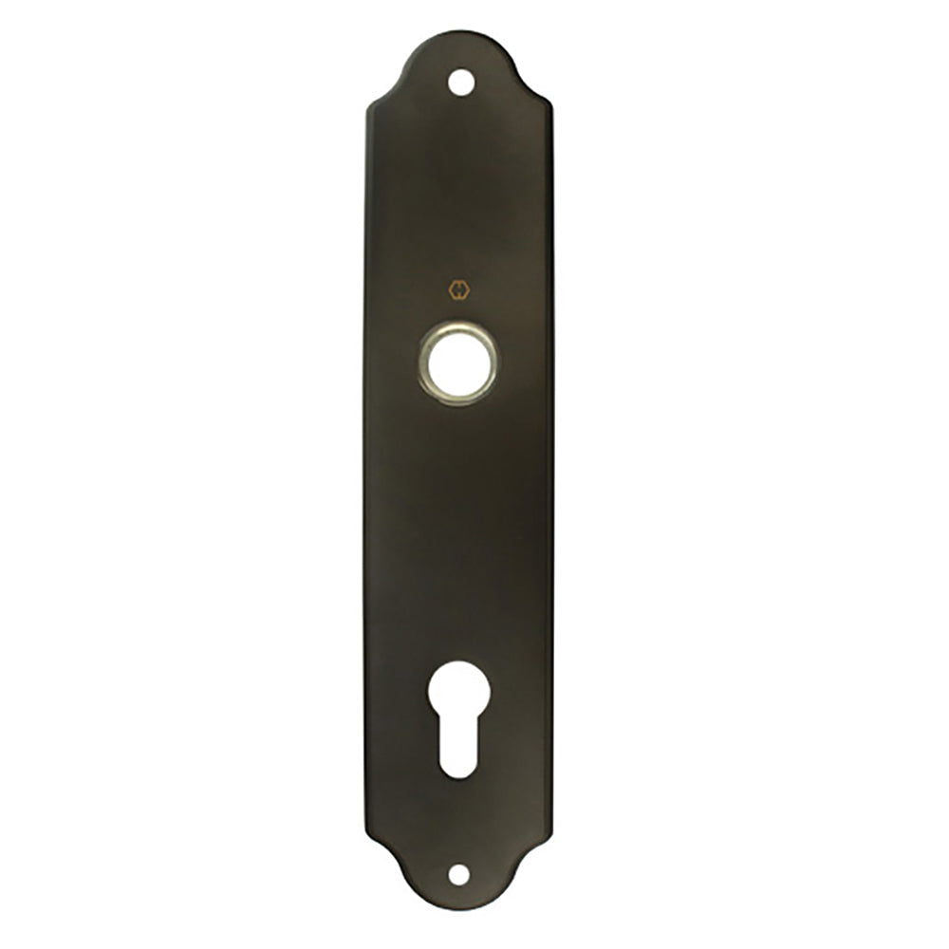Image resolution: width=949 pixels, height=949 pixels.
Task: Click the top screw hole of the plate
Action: tap(460, 82)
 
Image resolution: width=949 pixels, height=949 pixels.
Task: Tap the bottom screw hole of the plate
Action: tap(459, 873)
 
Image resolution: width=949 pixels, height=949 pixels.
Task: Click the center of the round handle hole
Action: tap(457, 362)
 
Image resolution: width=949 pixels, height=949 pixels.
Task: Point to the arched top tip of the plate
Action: tap(460, 33)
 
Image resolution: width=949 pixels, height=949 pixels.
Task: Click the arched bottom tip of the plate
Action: tap(459, 912)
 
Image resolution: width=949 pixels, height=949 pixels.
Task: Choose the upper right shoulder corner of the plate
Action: tap(549, 104)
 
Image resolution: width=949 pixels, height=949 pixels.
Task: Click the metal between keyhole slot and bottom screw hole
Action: tap(459, 821)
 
